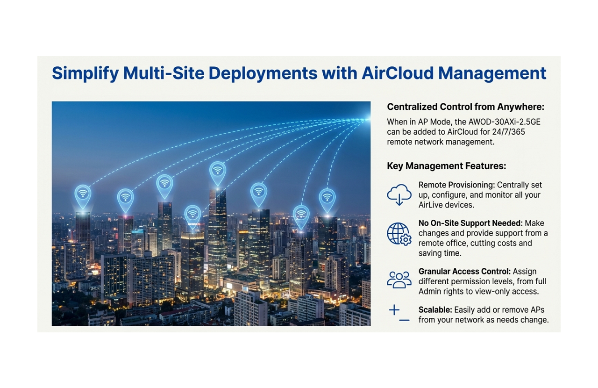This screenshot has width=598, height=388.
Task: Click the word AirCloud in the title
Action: [x=392, y=73]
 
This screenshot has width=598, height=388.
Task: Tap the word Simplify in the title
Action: [x=85, y=73]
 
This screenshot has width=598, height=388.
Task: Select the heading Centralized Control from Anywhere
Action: [x=465, y=107]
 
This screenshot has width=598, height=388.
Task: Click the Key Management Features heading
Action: [x=446, y=166]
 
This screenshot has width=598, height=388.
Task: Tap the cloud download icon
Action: [x=399, y=194]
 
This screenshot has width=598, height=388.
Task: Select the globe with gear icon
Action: [x=399, y=234]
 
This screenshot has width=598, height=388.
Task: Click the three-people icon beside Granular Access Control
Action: [x=399, y=279]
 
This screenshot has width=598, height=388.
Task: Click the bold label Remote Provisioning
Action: [x=456, y=185]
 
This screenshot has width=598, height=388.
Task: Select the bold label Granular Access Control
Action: [x=464, y=272]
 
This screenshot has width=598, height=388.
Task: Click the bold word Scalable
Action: [x=434, y=310]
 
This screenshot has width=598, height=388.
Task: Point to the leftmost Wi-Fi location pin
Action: [x=83, y=195]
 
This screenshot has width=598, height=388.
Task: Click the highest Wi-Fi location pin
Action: [x=218, y=172]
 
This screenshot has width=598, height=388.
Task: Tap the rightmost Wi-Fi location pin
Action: [x=327, y=199]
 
